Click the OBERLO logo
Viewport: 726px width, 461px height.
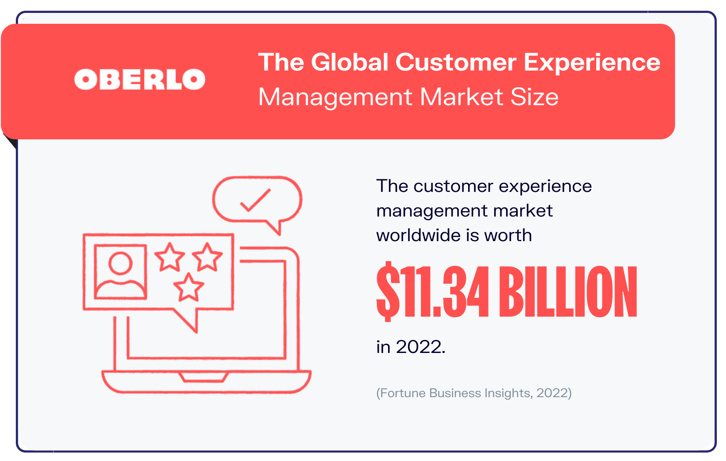coord(140,79)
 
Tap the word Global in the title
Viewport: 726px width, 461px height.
coord(350,62)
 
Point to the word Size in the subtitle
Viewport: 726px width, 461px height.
coord(534,97)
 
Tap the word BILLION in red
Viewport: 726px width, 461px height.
coord(568,291)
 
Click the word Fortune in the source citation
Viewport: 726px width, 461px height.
coord(403,393)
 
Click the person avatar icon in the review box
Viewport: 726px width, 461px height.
coord(121,272)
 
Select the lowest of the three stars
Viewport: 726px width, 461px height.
coord(189,287)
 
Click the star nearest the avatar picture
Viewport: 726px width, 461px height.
coord(169,257)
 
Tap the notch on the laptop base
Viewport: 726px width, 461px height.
coord(204,377)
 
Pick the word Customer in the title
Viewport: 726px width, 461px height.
coord(456,62)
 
